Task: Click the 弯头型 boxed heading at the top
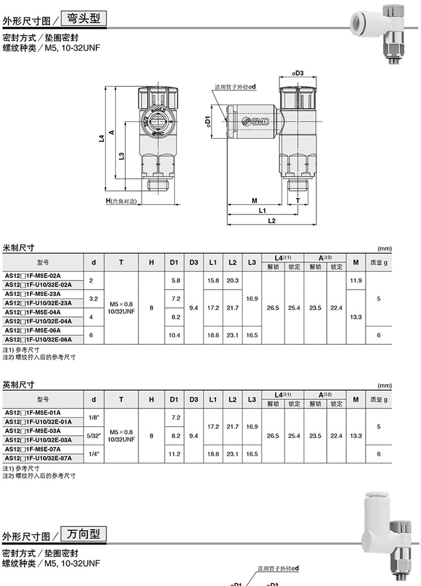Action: (x=84, y=18)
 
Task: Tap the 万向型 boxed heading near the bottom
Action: (x=84, y=534)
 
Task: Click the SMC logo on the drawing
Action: (x=255, y=121)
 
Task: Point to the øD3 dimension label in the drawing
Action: (x=297, y=73)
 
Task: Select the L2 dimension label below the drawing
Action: (x=272, y=220)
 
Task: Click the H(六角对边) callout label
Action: (x=122, y=201)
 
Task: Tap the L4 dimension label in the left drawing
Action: (x=101, y=138)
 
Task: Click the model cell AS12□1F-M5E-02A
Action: (x=33, y=276)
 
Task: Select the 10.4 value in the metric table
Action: (x=174, y=335)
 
